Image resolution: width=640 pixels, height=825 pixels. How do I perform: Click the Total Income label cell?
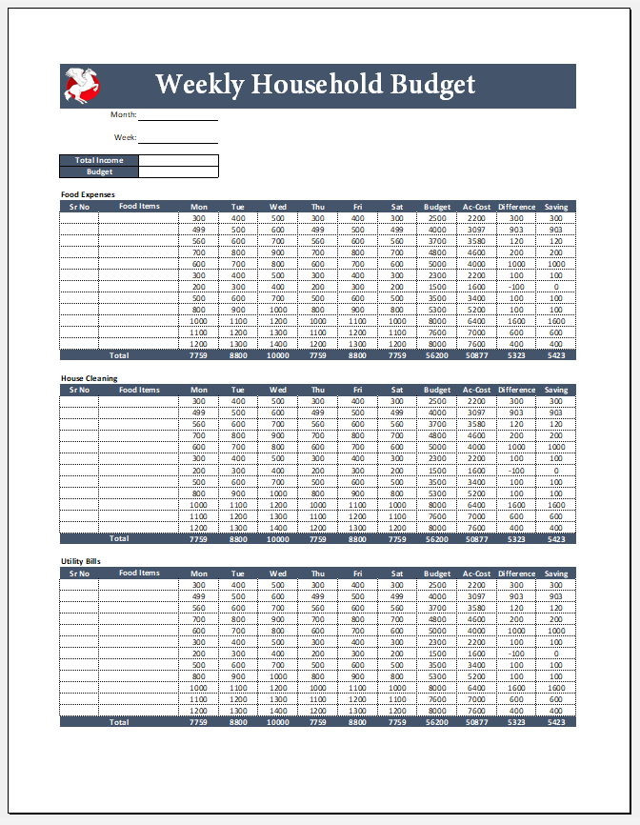[x=99, y=160]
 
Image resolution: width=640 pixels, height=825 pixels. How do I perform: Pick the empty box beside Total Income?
[x=178, y=160]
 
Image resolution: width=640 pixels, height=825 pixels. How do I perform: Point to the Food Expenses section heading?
[x=88, y=194]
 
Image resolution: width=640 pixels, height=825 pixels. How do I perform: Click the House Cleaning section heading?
[x=90, y=378]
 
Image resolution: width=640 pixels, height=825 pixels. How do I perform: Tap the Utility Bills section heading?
[x=81, y=562]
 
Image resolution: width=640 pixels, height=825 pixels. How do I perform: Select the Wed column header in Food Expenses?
[x=278, y=207]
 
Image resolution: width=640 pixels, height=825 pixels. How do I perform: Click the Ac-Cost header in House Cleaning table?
[x=476, y=390]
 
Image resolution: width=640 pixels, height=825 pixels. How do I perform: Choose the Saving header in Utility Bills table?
[x=556, y=573]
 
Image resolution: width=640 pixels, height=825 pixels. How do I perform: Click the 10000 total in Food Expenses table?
[x=278, y=355]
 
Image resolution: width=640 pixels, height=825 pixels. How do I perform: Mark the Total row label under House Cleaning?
[x=119, y=539]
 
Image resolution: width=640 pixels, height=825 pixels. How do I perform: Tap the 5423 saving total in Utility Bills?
[x=556, y=722]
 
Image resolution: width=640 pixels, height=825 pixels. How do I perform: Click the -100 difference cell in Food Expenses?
[x=516, y=287]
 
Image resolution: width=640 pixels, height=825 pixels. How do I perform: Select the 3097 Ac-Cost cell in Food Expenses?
[x=476, y=230]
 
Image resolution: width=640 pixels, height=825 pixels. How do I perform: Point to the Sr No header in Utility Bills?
[x=78, y=573]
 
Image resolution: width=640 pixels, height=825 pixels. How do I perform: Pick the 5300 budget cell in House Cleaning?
[x=437, y=493]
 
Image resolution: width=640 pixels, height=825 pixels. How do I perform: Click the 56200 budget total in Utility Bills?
[x=437, y=722]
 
